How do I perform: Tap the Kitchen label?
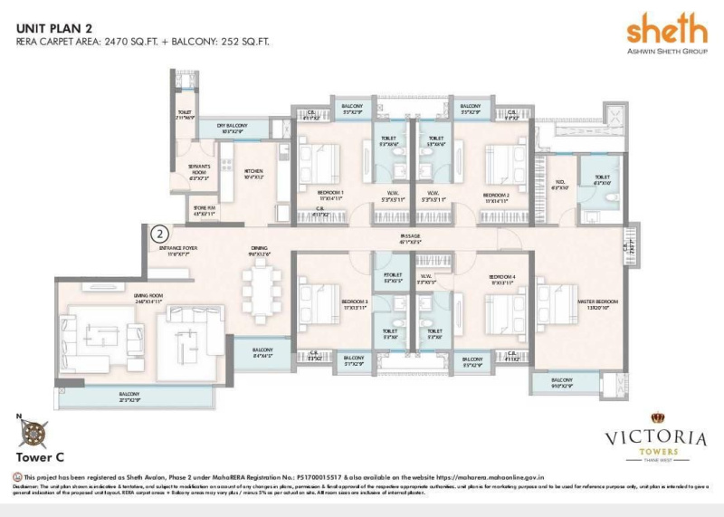coord(253,174)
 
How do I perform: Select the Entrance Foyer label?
coord(177,248)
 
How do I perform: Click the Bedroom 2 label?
coord(496,196)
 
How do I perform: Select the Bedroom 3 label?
coord(354,302)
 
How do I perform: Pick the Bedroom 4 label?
coord(501,278)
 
